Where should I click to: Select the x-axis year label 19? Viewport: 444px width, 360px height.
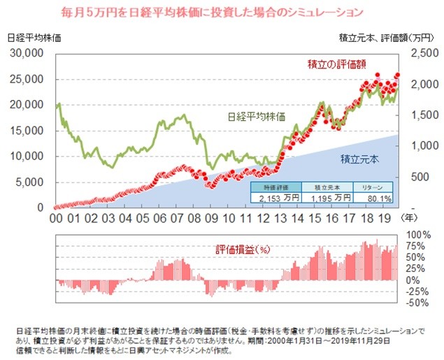(x=383, y=218)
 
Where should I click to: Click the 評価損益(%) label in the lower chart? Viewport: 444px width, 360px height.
(x=242, y=249)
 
